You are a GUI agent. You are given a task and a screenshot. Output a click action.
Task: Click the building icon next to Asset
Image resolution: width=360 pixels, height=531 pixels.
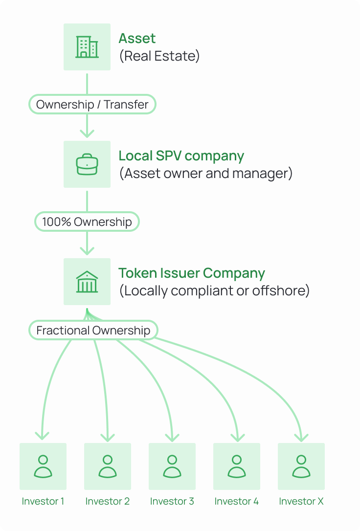click(87, 47)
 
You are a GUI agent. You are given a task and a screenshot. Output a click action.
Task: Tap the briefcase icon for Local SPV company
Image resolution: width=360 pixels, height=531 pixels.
click(87, 164)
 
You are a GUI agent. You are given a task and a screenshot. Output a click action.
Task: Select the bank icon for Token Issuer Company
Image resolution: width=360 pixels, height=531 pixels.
click(87, 282)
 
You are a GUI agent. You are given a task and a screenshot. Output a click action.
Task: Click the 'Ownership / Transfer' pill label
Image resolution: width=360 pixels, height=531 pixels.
click(92, 104)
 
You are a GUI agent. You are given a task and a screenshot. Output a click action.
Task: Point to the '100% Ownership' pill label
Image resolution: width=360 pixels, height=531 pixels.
click(87, 221)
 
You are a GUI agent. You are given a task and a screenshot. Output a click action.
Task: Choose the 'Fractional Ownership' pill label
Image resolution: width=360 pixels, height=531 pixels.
click(93, 330)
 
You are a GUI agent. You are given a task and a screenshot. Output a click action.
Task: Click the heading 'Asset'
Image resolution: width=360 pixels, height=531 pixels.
click(137, 38)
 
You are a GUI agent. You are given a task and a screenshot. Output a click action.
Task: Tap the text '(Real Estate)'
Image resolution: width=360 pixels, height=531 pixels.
click(159, 56)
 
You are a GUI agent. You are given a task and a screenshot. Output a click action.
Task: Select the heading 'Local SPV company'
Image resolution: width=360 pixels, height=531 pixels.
click(181, 156)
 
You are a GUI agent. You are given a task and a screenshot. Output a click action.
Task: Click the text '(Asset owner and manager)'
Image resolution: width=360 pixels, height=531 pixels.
click(205, 173)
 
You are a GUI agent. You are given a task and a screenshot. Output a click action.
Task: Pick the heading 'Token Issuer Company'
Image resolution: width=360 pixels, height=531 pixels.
click(192, 273)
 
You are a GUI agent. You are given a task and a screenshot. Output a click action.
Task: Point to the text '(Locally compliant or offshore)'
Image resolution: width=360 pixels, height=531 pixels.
click(214, 290)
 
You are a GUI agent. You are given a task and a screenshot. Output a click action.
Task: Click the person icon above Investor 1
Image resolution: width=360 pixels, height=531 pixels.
click(43, 466)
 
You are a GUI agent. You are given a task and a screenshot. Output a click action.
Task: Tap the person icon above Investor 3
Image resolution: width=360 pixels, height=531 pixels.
click(172, 466)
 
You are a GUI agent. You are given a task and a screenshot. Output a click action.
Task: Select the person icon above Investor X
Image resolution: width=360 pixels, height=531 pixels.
click(301, 466)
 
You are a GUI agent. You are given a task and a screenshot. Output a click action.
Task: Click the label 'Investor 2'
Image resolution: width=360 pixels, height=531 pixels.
click(108, 501)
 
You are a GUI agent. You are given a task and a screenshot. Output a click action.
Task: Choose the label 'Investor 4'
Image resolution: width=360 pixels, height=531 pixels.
click(237, 501)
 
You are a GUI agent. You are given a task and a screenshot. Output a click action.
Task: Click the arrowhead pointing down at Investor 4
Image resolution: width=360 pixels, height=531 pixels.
click(237, 436)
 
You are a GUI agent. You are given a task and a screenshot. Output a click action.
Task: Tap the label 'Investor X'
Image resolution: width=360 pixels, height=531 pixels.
click(301, 501)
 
